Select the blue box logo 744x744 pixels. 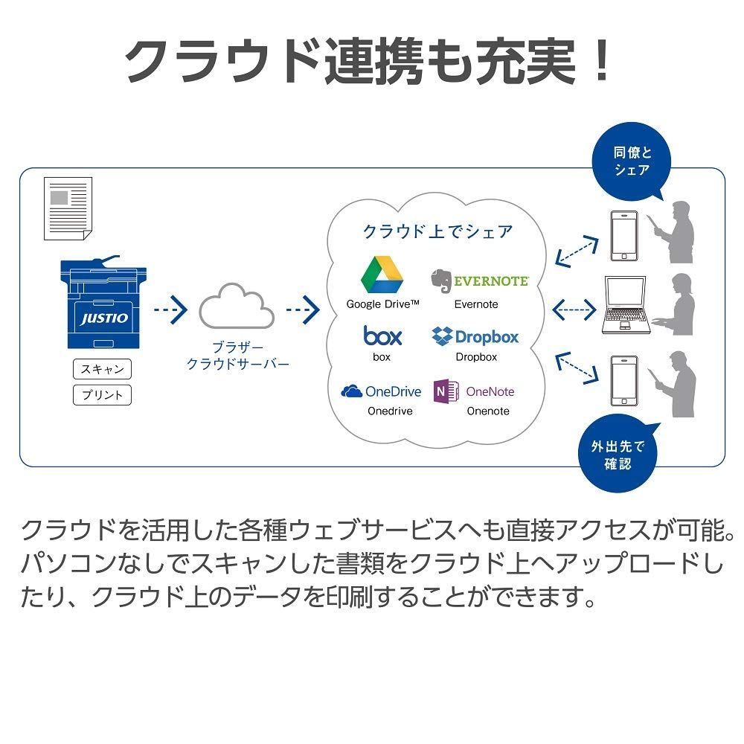coord(382,336)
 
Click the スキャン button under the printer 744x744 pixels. coord(102,369)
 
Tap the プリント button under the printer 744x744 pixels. coord(102,394)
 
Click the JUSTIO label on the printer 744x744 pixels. coord(104,318)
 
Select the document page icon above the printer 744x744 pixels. coord(68,208)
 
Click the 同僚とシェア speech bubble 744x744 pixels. coord(632,161)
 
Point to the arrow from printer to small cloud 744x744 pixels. coord(170,307)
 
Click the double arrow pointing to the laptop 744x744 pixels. coord(575,307)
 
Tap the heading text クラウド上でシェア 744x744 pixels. coord(437,231)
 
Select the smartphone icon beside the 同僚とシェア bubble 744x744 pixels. coord(623,236)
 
